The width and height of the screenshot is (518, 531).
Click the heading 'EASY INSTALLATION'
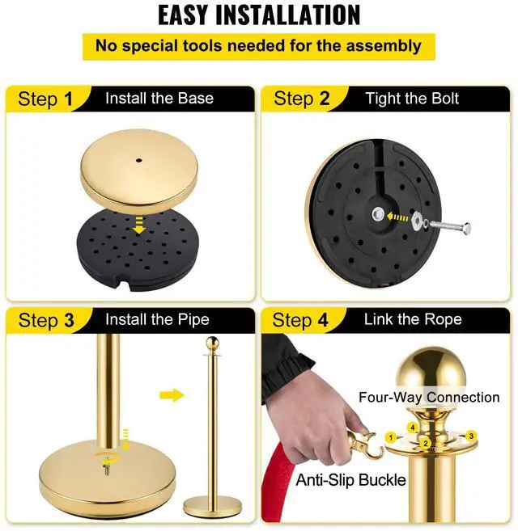coord(259,15)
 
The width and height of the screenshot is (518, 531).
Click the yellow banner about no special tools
coord(259,46)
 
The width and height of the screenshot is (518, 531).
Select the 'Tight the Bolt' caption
coord(412,99)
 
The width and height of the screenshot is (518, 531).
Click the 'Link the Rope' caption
coord(413,319)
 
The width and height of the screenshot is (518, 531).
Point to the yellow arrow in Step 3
coord(172,395)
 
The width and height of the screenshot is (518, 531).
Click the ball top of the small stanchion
coord(212,343)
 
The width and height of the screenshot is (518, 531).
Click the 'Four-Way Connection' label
coord(429,397)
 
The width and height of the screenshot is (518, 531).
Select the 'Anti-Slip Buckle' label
coord(350,480)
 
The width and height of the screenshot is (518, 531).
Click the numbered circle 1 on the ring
coord(391,437)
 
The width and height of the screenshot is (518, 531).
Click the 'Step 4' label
coord(301,320)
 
